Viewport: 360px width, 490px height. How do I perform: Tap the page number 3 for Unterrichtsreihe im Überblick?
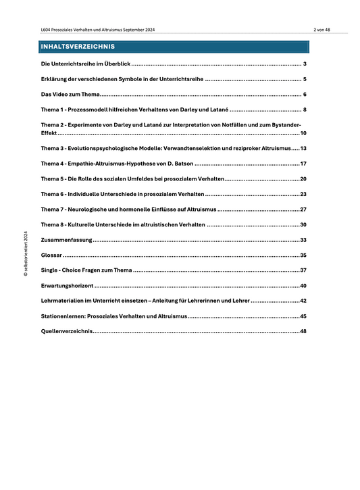click(305, 64)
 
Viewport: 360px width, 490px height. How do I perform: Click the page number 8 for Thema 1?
click(305, 109)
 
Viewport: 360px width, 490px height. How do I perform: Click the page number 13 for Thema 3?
click(304, 148)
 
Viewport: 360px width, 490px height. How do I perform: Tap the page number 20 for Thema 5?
click(304, 179)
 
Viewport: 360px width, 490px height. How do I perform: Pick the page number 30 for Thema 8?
click(304, 224)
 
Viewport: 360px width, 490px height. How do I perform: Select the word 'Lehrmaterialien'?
click(64, 301)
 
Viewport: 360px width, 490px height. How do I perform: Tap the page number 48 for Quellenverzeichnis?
click(304, 332)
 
